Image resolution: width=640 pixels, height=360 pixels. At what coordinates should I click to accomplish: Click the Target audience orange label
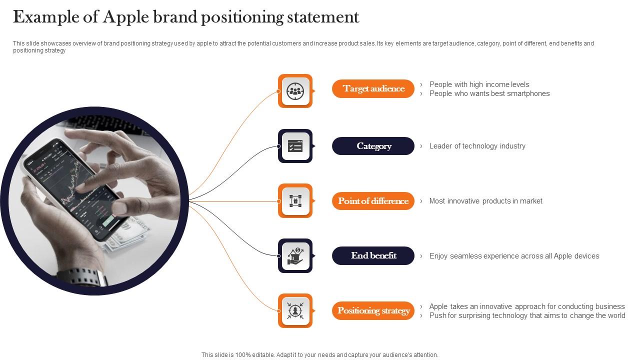coord(373,89)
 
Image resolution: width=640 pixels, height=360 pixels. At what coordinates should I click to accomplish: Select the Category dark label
coord(373,146)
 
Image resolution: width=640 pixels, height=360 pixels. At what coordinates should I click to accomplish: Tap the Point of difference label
coord(373,201)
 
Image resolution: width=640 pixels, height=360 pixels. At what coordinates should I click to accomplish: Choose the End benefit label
coord(373,255)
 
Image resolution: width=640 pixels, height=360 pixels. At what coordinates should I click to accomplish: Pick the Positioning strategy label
coord(373,310)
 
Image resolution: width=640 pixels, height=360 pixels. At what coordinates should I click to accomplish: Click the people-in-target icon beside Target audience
coord(295,91)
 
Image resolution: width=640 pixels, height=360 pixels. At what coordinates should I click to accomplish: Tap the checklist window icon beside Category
coord(295,146)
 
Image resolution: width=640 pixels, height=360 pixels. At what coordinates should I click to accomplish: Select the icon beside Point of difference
coord(295,201)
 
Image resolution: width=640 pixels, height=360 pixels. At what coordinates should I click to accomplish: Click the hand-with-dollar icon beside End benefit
coord(295,255)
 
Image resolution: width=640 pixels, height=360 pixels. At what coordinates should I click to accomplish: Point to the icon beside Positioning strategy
coord(295,310)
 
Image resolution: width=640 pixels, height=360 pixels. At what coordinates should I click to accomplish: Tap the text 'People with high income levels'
coord(479,84)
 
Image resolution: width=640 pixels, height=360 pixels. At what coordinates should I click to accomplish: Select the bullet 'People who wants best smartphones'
coord(489,93)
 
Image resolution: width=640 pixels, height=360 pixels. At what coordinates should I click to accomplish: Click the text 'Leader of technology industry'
coord(477,146)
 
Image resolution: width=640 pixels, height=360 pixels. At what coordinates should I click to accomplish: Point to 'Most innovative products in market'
coord(485,201)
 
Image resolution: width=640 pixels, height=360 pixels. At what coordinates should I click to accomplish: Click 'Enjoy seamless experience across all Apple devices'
coord(514,256)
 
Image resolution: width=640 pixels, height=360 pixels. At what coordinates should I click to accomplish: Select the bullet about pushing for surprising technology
coord(527,315)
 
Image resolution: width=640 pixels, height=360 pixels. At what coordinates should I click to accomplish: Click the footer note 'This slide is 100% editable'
coord(319,355)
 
